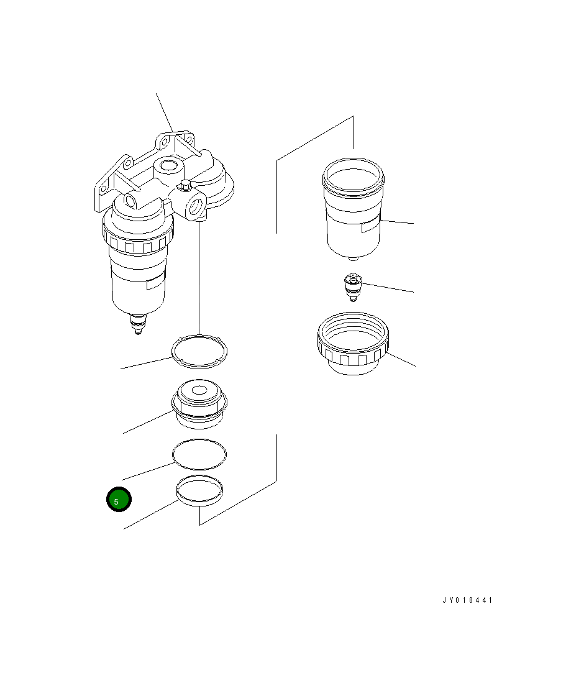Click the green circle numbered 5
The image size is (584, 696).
119,500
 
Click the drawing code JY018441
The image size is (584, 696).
467,600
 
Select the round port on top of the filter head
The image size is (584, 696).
168,167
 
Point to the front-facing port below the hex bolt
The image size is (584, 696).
196,206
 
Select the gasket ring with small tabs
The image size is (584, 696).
199,351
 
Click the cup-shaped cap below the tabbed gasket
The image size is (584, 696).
199,403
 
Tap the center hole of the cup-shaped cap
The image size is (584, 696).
199,391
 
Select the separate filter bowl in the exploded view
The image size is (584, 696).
354,209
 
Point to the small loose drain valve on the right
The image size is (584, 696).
354,287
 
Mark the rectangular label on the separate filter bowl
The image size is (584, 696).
371,226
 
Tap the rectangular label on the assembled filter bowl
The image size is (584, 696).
156,282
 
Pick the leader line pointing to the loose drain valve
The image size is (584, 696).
388,288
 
